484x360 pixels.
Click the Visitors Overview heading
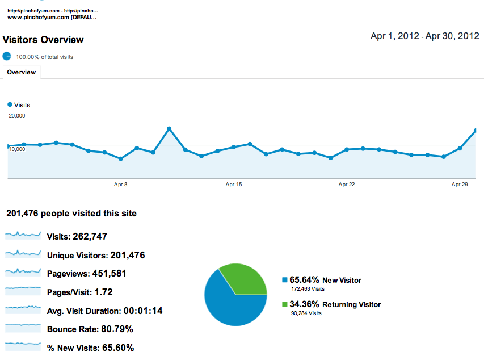pyautogui.click(x=43, y=40)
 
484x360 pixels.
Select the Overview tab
pyautogui.click(x=22, y=72)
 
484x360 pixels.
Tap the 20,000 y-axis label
pyautogui.click(x=17, y=116)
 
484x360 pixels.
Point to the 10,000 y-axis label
pyautogui.click(x=17, y=149)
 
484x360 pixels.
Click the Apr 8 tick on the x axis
pyautogui.click(x=120, y=185)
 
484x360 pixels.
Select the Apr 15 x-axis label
pyautogui.click(x=234, y=185)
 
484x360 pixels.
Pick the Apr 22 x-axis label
pyautogui.click(x=346, y=185)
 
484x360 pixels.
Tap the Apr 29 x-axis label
pyautogui.click(x=459, y=185)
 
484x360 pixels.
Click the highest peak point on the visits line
pyautogui.click(x=169, y=129)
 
